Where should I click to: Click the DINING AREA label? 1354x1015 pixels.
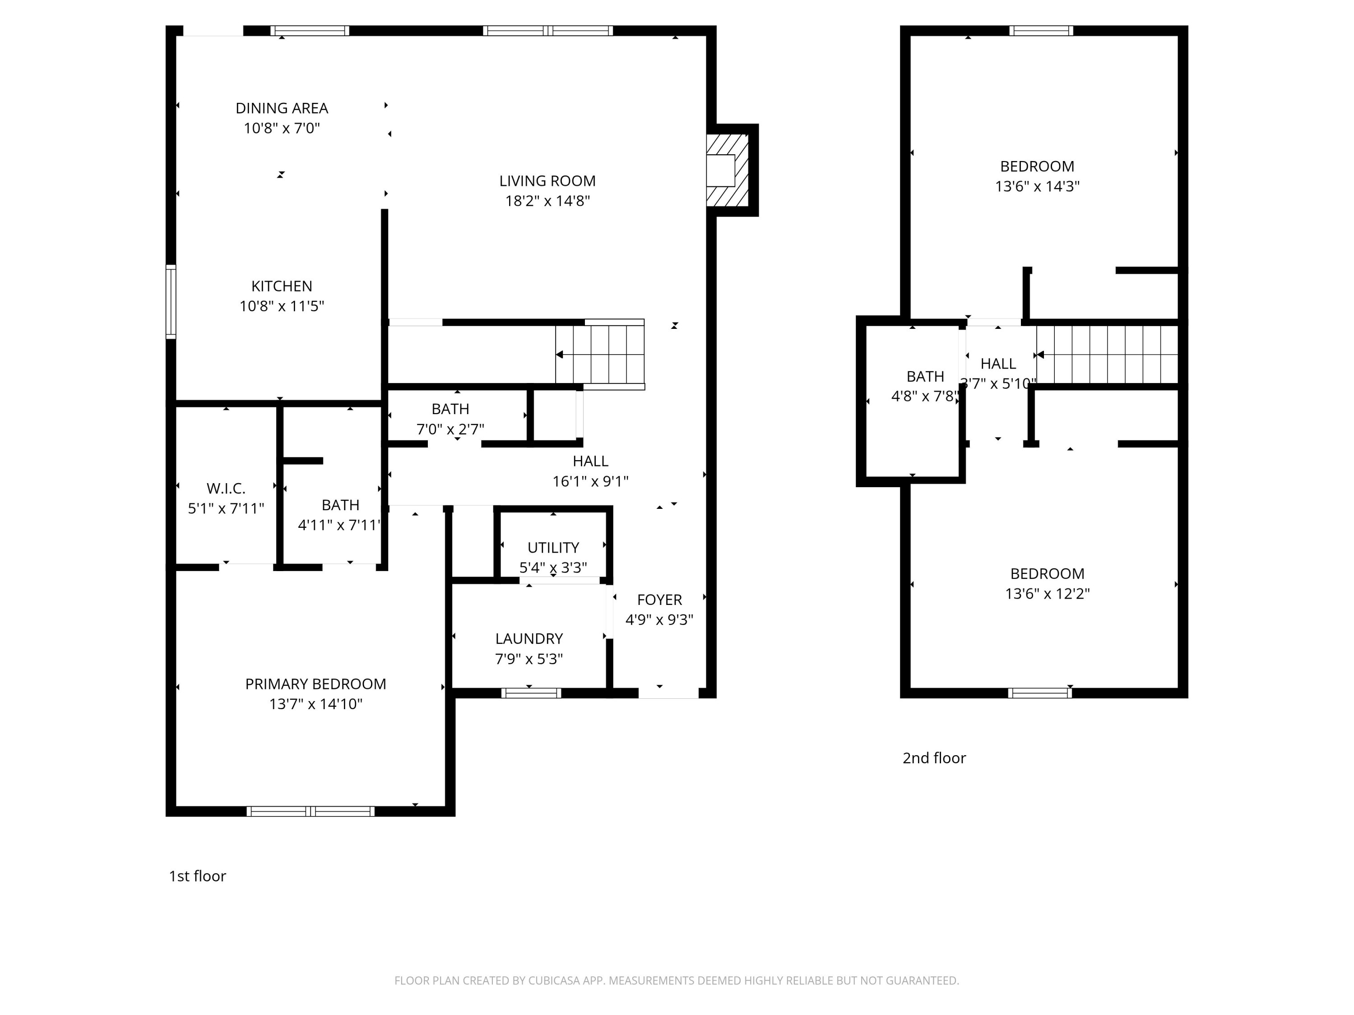pos(282,108)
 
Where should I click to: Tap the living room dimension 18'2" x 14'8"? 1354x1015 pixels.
pos(547,201)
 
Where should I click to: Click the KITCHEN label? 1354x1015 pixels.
pos(282,286)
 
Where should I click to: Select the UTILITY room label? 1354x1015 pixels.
pos(553,548)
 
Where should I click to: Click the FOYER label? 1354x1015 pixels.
pos(659,600)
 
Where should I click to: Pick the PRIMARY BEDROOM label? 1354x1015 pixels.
pos(315,684)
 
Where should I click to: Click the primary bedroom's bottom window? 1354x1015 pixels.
pos(311,811)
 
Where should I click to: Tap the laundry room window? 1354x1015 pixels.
pos(531,693)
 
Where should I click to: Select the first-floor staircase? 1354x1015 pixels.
pos(600,354)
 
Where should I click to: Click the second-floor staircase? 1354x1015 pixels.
pos(1107,354)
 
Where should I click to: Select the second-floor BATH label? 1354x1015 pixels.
pos(925,377)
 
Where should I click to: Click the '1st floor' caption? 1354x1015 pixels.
pos(197,876)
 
